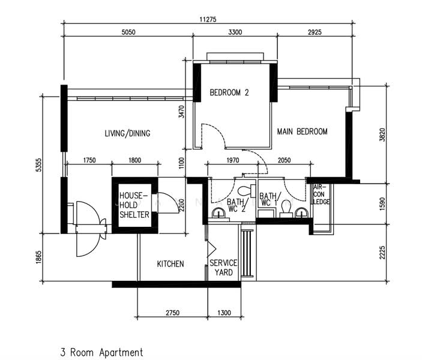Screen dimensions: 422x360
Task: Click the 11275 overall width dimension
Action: point(208,19)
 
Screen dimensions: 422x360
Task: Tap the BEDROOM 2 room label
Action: point(229,92)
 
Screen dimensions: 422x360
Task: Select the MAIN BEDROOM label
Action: point(302,131)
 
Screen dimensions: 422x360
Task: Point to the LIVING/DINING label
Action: point(127,133)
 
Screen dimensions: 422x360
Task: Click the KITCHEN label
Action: point(170,263)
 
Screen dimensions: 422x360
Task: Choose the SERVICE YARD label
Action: point(223,268)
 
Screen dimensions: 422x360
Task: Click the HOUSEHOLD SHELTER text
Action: point(134,205)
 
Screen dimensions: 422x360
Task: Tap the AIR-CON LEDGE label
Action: point(321,194)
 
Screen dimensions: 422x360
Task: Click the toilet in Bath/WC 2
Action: point(247,190)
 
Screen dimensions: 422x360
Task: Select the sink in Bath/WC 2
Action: point(219,214)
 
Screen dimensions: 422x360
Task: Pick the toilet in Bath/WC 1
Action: point(286,209)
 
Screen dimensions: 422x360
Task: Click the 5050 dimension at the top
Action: point(128,32)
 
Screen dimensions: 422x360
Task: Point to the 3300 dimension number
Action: point(235,32)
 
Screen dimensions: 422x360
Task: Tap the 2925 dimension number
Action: point(315,32)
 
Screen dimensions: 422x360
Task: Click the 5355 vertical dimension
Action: point(39,165)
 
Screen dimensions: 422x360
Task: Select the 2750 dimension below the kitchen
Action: point(172,313)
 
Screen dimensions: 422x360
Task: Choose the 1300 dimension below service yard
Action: point(224,313)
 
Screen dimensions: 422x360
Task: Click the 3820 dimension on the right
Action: point(382,135)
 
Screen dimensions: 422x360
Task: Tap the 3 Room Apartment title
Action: point(101,352)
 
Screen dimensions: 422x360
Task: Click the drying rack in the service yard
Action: point(247,253)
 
